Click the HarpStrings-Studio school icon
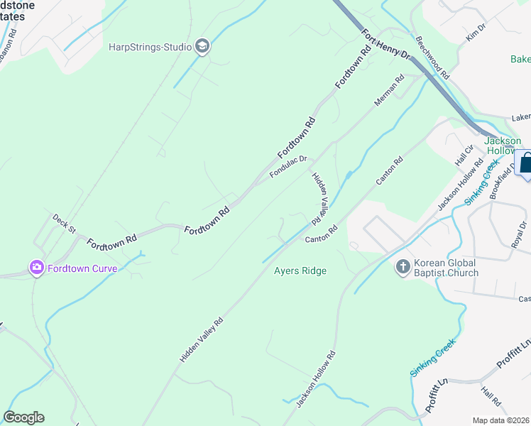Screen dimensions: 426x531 tap(202, 47)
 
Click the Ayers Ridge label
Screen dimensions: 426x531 tap(300, 271)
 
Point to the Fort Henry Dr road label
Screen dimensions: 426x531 tap(385, 44)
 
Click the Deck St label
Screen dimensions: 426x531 tap(64, 223)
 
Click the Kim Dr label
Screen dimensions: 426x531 tap(476, 31)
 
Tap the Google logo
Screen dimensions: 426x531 tap(23, 417)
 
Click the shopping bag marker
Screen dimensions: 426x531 tap(527, 165)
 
